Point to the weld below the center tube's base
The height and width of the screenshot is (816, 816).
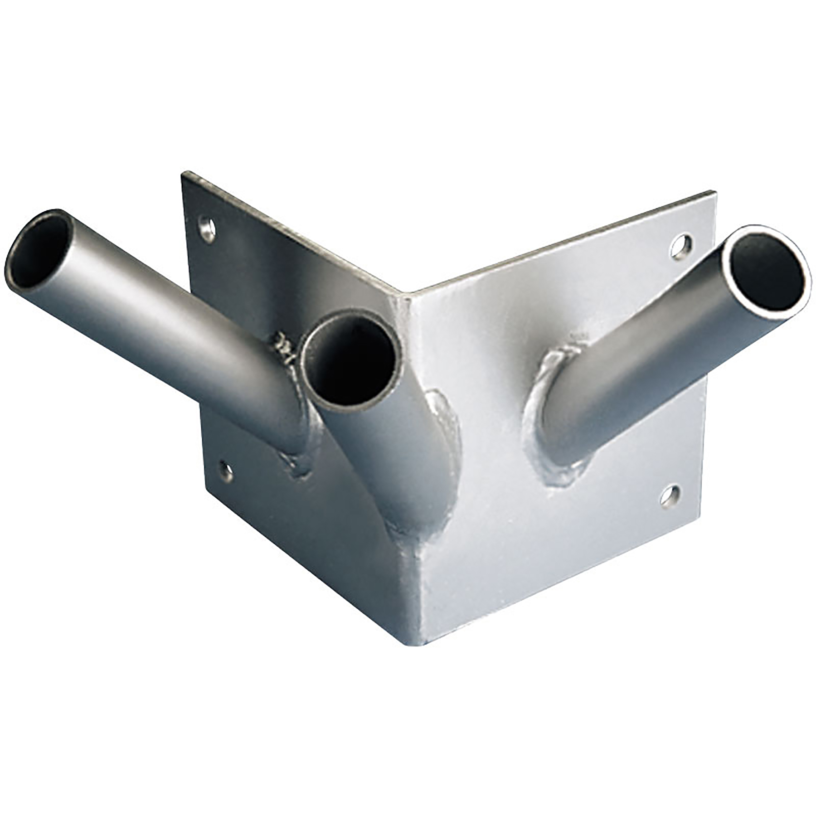tap(408, 535)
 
